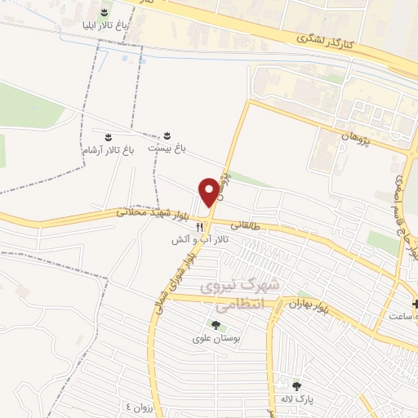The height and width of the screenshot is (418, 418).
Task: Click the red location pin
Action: [210, 191]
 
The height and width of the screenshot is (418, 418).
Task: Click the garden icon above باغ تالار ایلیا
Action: [104, 11]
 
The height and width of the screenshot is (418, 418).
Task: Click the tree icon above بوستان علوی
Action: [203, 325]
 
